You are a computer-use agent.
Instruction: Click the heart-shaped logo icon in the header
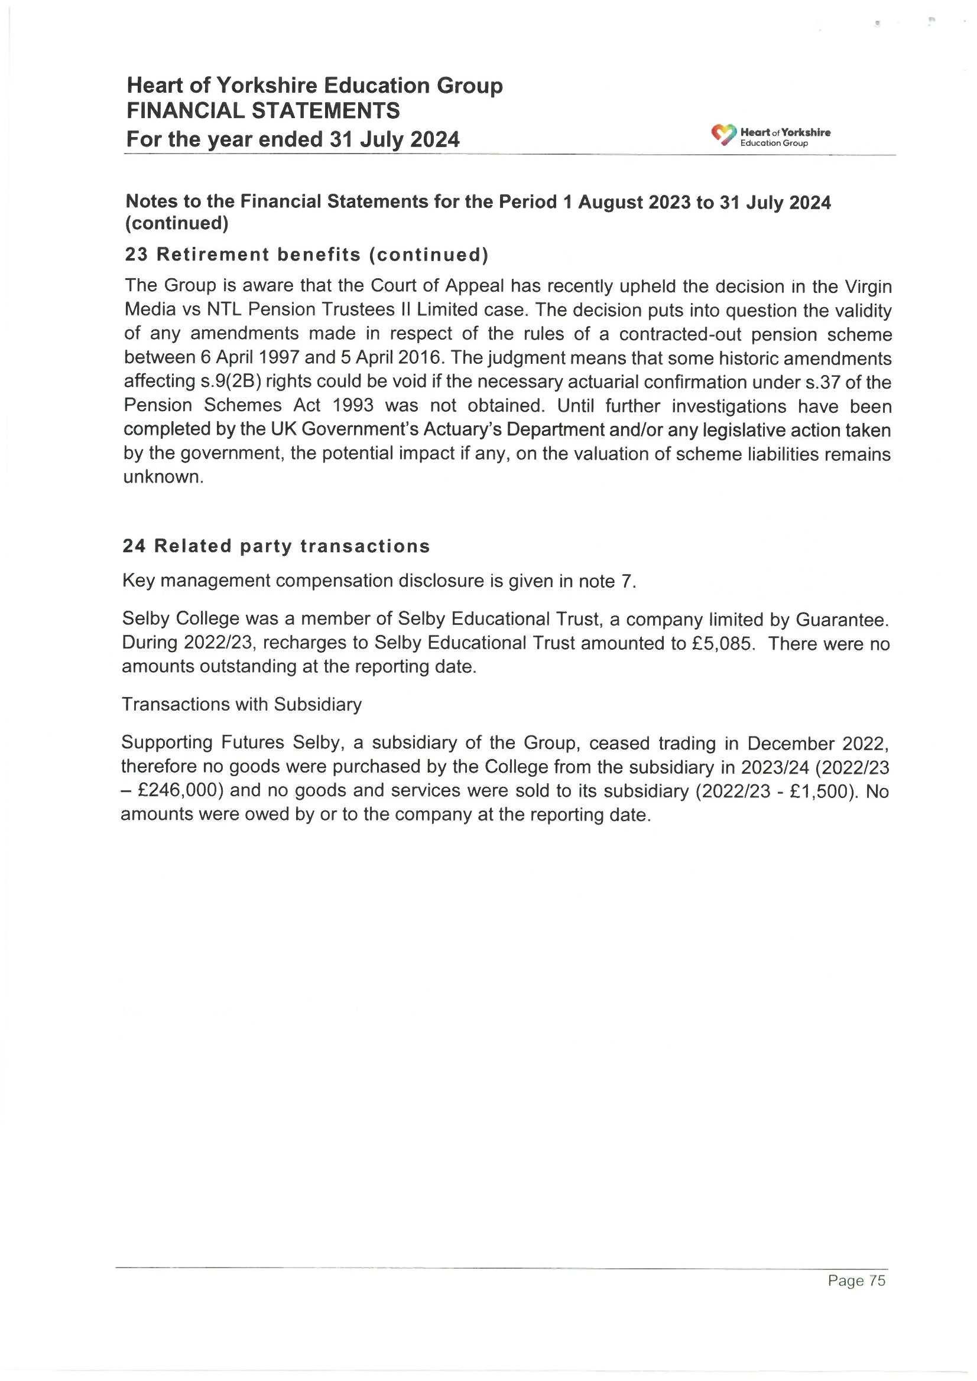point(723,135)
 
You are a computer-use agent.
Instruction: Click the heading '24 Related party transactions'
point(276,546)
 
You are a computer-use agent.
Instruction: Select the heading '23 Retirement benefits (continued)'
point(306,255)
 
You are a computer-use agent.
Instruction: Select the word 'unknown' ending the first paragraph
point(161,477)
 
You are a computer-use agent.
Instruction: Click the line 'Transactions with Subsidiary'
point(241,704)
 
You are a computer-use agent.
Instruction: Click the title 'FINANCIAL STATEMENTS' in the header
point(263,111)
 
